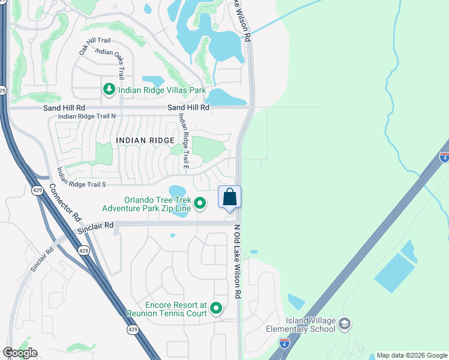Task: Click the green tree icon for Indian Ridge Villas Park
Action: pos(109,90)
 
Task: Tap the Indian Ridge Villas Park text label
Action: pos(162,91)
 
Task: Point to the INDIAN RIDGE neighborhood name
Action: pos(145,140)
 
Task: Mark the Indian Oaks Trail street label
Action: pos(110,64)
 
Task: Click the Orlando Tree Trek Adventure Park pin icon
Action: pos(200,205)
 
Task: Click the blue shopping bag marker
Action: pos(229,197)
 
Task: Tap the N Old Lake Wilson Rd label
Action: pos(237,262)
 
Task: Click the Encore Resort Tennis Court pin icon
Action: pos(216,309)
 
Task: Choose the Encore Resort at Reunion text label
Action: pos(166,309)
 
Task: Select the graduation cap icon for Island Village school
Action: pos(345,325)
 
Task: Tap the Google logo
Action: pos(20,353)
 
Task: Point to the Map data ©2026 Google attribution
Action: pos(411,355)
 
